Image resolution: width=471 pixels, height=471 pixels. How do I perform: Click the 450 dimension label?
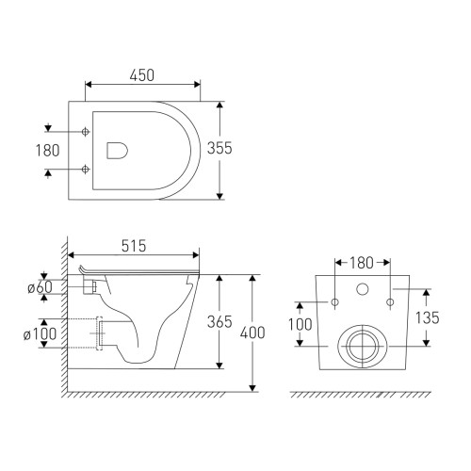pyautogui.click(x=142, y=75)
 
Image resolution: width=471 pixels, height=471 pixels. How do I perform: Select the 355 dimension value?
pyautogui.click(x=219, y=148)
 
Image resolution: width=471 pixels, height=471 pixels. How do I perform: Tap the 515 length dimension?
pyautogui.click(x=134, y=246)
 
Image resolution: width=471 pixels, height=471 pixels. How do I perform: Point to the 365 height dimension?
pyautogui.click(x=219, y=321)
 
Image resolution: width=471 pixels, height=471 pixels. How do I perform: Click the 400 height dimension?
pyautogui.click(x=252, y=333)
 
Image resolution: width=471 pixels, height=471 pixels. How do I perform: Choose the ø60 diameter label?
pyautogui.click(x=40, y=287)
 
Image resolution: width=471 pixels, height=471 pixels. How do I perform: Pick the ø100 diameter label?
pyautogui.click(x=40, y=333)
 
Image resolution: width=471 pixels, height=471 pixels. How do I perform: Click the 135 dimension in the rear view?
pyautogui.click(x=428, y=317)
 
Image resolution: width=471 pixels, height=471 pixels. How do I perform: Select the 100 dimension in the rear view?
pyautogui.click(x=300, y=324)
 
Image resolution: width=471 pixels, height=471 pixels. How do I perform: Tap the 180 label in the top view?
pyautogui.click(x=47, y=151)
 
